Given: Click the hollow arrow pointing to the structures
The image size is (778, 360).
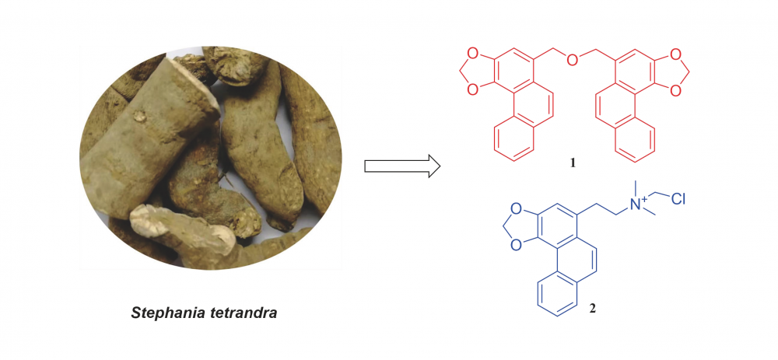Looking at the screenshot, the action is tap(402, 166).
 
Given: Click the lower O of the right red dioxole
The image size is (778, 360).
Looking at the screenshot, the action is tap(674, 89).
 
